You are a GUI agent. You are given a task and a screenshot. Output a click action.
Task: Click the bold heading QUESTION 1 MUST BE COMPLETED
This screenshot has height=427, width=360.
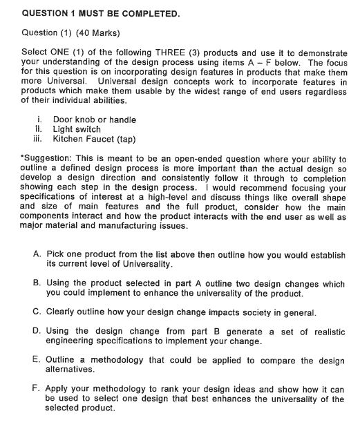tap(102, 13)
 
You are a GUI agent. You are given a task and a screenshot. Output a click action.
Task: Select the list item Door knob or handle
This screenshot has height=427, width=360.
tap(95, 120)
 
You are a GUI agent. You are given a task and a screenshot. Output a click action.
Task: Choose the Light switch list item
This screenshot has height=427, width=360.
tap(77, 129)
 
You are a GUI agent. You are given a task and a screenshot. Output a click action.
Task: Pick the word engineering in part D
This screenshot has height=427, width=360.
tap(73, 341)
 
